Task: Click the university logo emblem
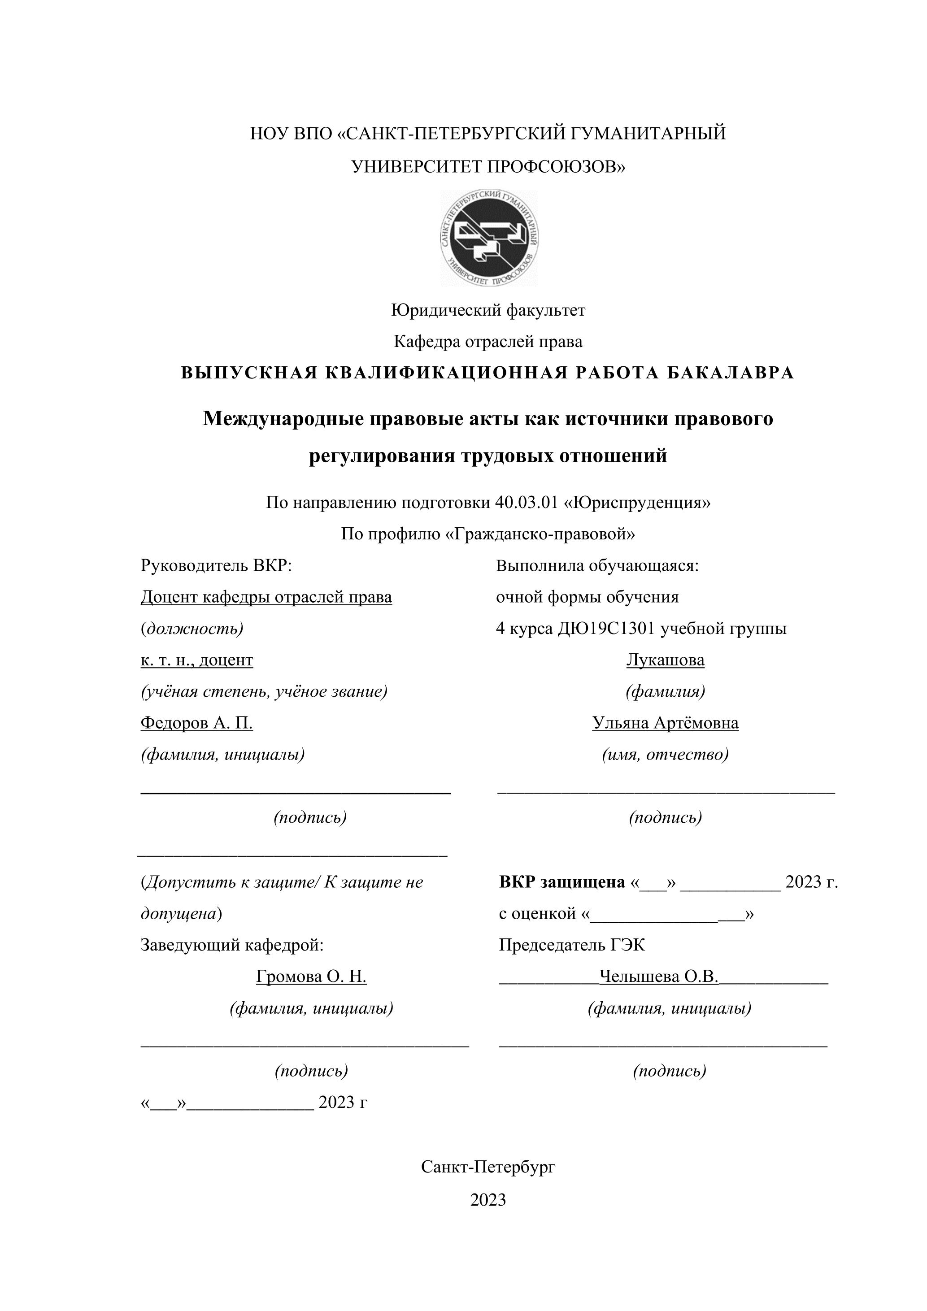(489, 238)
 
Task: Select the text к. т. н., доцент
(196, 660)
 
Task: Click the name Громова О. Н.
(311, 977)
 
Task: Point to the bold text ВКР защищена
(562, 882)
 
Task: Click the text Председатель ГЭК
(572, 945)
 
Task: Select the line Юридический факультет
(488, 310)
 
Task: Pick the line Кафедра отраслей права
(488, 342)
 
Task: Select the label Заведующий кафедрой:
(232, 945)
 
